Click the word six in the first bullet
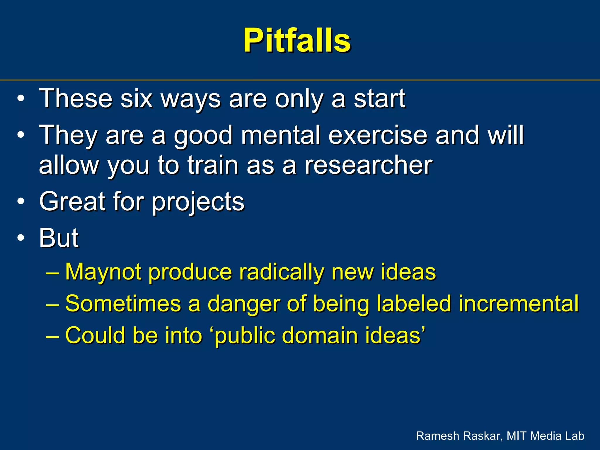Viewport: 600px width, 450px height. [137, 98]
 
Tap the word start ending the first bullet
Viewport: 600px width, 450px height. [379, 98]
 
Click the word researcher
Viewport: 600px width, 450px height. [368, 165]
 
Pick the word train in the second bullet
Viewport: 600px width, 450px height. [213, 165]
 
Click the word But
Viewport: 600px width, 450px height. [59, 238]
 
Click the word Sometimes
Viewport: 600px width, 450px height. [123, 304]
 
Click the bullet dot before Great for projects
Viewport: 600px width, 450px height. [21, 201]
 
